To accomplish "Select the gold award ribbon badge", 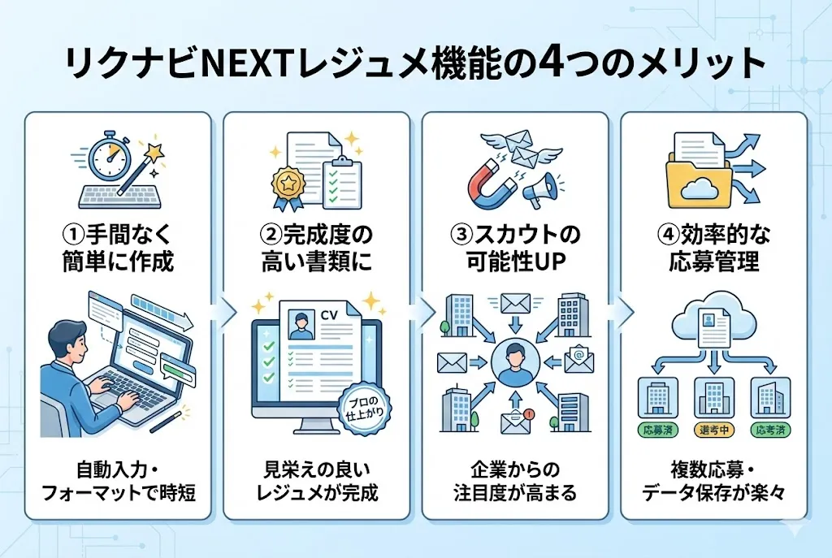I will tap(288, 183).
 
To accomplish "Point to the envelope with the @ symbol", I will tap(578, 357).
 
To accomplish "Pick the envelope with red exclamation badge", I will tap(515, 419).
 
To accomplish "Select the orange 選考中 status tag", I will tap(713, 428).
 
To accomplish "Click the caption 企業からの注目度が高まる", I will tap(514, 481).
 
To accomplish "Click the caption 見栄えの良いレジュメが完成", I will tap(317, 481).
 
